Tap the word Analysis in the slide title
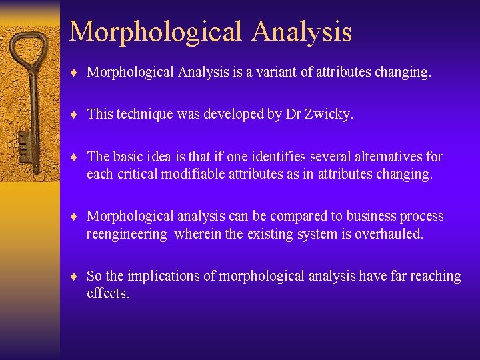click(305, 31)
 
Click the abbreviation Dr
click(294, 114)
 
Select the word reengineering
click(127, 234)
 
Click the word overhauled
click(389, 234)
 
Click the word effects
click(107, 293)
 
